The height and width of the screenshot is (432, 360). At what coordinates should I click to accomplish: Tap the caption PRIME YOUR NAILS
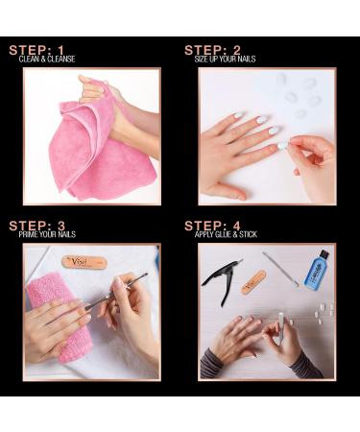[47, 234]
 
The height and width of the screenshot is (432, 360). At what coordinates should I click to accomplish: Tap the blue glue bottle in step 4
[316, 270]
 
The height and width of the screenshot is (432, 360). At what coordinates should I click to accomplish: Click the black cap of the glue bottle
[324, 254]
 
